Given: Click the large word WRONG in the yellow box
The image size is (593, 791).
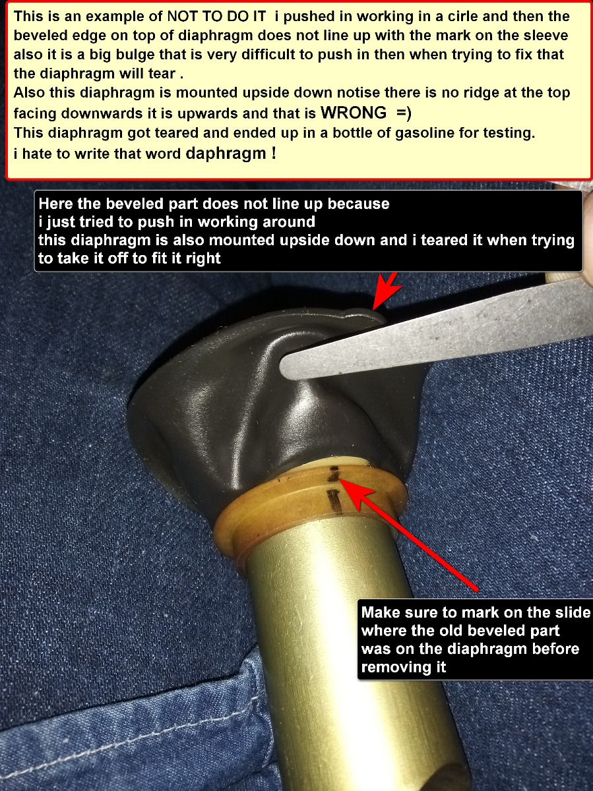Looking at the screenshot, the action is [x=354, y=113].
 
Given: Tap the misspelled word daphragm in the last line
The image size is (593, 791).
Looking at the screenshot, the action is [x=226, y=154].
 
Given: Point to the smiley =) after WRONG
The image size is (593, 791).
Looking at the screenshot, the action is [x=404, y=113].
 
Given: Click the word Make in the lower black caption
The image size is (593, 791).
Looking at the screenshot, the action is [x=379, y=612].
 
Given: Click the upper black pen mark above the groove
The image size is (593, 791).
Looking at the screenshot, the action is [x=334, y=473].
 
